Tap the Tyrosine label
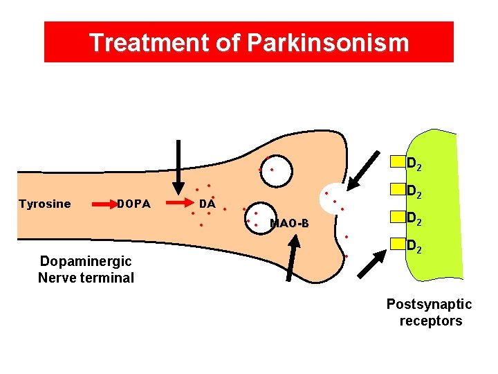(44, 204)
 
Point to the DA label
(207, 204)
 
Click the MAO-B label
(289, 223)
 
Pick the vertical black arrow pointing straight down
(178, 166)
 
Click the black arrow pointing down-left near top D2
(363, 170)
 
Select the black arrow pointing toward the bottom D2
(373, 262)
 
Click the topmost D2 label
(414, 165)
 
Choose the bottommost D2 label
(414, 245)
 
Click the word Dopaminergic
(86, 262)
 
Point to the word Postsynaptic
(429, 304)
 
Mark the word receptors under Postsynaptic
(430, 321)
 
